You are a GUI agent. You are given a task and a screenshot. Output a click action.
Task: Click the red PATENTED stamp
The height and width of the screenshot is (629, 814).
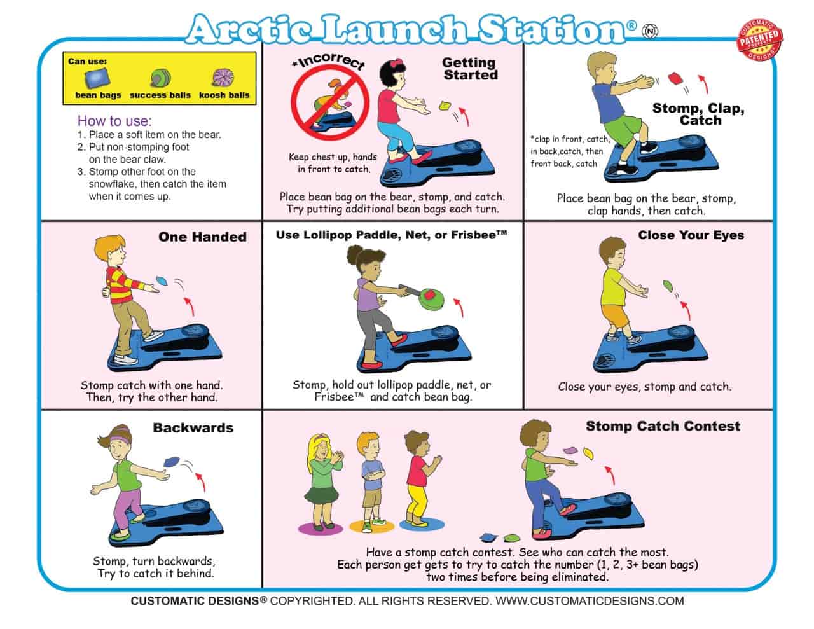(760, 39)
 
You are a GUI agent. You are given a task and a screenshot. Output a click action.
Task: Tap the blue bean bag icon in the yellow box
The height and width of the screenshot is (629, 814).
(97, 78)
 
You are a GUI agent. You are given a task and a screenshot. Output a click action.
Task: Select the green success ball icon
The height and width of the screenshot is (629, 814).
(160, 78)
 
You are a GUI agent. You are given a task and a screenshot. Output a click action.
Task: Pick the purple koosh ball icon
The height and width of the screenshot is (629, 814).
(223, 78)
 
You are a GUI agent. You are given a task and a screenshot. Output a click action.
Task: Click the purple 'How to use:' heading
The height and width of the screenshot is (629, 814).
(114, 121)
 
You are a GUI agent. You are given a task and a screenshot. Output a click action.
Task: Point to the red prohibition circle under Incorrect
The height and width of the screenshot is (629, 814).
(330, 102)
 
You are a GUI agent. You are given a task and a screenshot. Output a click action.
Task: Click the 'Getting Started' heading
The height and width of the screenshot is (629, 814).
(470, 69)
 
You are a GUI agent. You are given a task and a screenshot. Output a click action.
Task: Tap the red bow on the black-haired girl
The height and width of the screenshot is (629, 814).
(396, 62)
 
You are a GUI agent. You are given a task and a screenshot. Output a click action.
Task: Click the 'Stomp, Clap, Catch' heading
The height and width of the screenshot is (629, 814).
(698, 114)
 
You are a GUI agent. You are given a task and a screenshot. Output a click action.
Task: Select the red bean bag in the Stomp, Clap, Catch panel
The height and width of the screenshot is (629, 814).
(675, 79)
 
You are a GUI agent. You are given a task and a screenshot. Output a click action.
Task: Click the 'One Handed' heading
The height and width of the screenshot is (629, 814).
(202, 237)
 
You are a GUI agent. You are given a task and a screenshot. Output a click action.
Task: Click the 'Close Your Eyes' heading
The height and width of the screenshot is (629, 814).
(691, 235)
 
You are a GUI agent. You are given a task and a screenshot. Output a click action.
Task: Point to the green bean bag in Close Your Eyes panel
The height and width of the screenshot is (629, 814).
(668, 286)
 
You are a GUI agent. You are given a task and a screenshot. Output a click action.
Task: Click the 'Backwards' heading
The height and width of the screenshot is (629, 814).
(193, 428)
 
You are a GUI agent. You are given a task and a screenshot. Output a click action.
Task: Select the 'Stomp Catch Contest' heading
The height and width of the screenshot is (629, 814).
(663, 426)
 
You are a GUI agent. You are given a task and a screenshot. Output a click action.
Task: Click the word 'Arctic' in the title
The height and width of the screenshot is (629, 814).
(250, 29)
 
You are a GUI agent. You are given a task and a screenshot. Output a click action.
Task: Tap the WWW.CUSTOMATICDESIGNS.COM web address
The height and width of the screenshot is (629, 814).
(590, 601)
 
